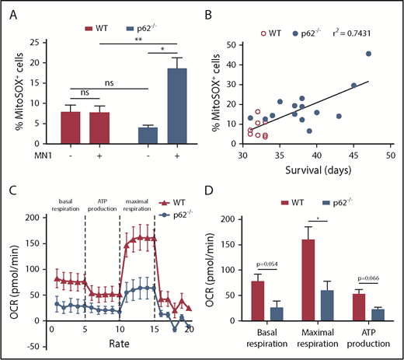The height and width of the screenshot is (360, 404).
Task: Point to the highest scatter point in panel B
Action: coord(368,54)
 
